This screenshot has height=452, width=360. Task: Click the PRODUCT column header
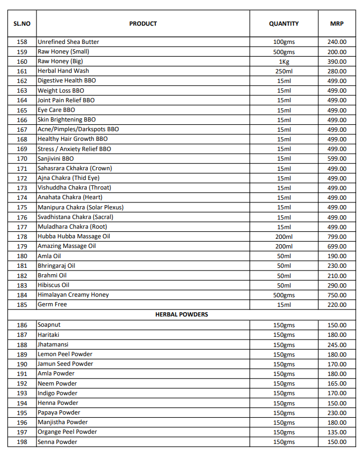click(143, 24)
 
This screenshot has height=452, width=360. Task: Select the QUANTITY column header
click(284, 24)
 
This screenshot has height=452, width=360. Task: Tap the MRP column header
click(337, 24)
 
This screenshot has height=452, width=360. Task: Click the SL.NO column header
click(22, 24)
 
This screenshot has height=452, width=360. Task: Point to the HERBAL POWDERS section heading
click(182, 314)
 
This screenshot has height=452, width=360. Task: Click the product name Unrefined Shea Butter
click(68, 42)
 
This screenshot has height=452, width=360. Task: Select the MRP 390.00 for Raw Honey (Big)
click(337, 62)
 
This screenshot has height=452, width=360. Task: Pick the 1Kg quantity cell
click(284, 62)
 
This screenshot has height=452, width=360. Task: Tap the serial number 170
click(22, 159)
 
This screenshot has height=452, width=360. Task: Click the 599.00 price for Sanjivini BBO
click(337, 159)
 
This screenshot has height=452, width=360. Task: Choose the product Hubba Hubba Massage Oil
click(74, 237)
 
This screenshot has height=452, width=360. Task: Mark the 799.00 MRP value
click(337, 237)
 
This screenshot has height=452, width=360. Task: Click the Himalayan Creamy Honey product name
click(73, 295)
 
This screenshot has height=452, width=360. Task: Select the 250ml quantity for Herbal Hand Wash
click(284, 71)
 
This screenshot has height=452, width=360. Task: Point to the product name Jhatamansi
click(53, 344)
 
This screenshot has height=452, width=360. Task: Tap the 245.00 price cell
click(337, 345)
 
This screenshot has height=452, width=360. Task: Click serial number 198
click(22, 442)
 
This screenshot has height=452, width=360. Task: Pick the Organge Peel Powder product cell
click(67, 432)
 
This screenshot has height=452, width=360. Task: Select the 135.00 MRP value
click(337, 432)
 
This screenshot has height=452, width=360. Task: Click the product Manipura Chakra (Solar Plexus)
click(80, 207)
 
